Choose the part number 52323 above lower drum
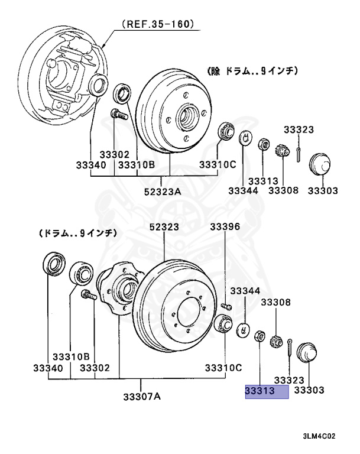click(x=163, y=227)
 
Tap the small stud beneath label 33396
click(x=225, y=306)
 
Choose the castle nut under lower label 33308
click(x=275, y=342)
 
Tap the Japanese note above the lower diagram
click(x=76, y=234)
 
